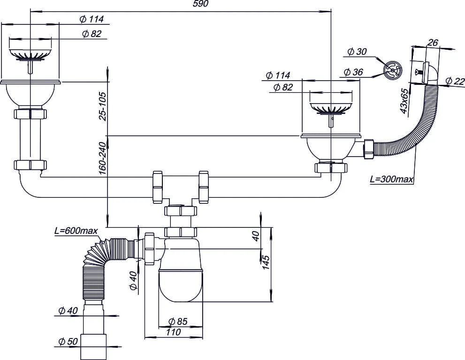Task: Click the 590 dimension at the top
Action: point(201,4)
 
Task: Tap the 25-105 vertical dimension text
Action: point(103,106)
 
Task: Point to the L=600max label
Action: point(76,231)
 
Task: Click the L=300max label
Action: point(391,179)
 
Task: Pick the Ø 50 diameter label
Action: point(68,342)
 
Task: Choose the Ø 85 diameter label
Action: point(178,322)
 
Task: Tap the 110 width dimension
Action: point(173,332)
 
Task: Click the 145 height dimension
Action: point(266,262)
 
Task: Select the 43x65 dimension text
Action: point(404,101)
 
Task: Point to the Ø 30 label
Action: point(357,52)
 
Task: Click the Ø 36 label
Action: point(353,72)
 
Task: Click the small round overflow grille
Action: point(392,70)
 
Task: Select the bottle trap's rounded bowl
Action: point(181,285)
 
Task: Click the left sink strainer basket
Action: point(30,53)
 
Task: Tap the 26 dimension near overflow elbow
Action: point(433,43)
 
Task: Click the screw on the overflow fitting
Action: point(419,72)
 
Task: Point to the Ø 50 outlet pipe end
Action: point(93,347)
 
